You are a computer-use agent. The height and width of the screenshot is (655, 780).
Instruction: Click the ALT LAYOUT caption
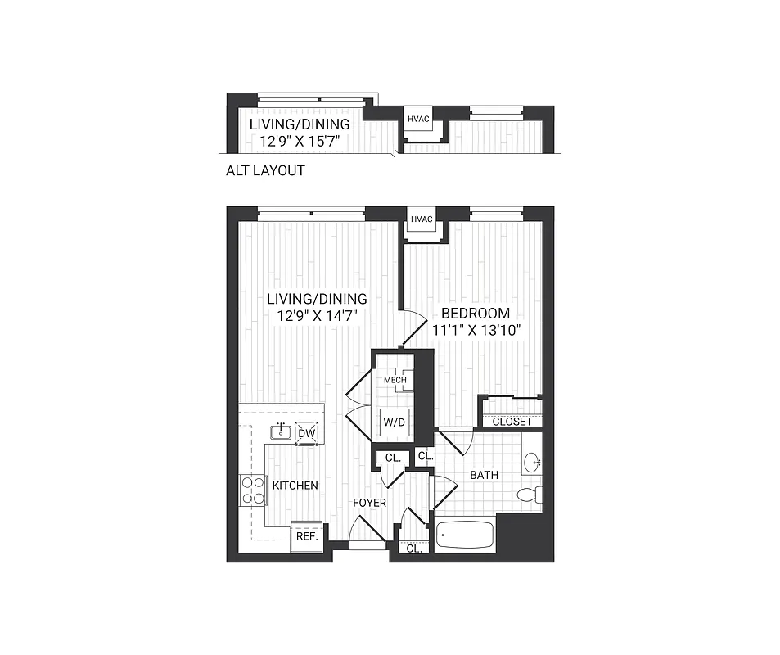265,171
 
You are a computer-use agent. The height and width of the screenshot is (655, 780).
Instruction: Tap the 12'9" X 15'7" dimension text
300,141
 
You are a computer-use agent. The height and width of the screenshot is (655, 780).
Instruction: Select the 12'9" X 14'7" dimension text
317,314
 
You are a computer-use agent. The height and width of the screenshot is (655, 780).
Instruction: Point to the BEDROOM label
476,313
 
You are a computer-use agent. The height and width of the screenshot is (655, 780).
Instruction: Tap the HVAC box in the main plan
422,219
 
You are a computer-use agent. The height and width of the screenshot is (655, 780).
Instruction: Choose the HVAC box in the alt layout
419,119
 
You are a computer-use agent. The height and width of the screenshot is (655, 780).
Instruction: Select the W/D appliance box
391,423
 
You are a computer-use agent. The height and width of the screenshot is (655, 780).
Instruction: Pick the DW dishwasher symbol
307,433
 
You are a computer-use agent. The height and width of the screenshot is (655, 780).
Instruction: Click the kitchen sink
281,431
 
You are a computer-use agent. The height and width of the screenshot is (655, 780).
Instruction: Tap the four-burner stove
252,490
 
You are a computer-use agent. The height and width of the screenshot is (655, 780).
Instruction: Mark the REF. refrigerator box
306,536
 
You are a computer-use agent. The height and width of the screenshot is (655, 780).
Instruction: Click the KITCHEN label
295,486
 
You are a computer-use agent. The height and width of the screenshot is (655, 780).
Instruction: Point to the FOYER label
369,502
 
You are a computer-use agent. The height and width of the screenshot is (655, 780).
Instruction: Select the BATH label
484,475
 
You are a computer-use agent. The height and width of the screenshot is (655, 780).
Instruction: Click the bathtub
465,536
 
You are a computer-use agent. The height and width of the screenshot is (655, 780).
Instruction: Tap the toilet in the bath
529,495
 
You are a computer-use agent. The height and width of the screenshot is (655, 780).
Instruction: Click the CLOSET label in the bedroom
512,422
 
